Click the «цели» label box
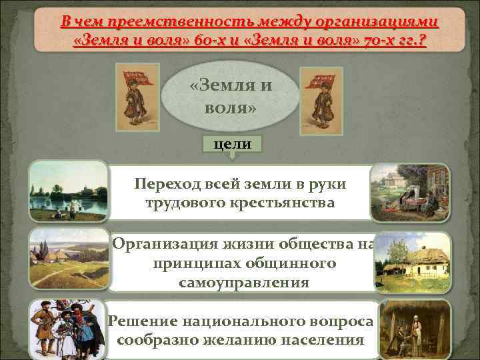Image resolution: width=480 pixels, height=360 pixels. pyautogui.click(x=232, y=145)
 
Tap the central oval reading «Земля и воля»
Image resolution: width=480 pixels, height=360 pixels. pyautogui.click(x=231, y=97)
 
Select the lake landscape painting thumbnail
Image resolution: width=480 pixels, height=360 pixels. pyautogui.click(x=68, y=191)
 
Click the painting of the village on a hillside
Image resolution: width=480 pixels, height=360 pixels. pyautogui.click(x=68, y=261)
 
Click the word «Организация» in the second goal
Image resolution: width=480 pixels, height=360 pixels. pyautogui.click(x=156, y=245)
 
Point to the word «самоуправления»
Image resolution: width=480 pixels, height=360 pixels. pyautogui.click(x=244, y=283)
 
